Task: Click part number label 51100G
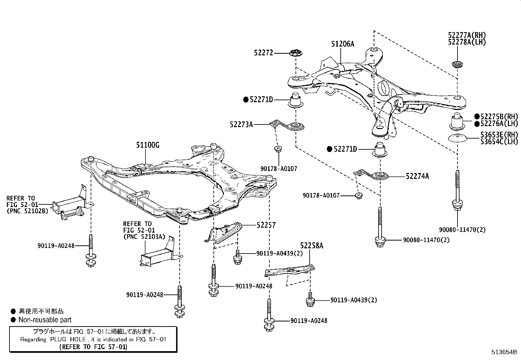tap(148, 145)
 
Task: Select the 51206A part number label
tap(343, 44)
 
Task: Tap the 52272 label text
tap(263, 52)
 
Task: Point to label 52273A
tap(241, 124)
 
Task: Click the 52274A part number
tap(417, 176)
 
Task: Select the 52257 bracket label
tap(266, 225)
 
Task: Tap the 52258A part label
tap(312, 246)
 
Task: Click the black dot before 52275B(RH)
tap(477, 116)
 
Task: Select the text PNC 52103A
tap(144, 236)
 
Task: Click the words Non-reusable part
tap(45, 320)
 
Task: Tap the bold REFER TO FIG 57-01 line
tap(93, 347)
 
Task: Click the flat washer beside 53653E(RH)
tap(457, 138)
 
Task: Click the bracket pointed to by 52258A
tap(290, 270)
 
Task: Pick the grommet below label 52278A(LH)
tap(457, 65)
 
